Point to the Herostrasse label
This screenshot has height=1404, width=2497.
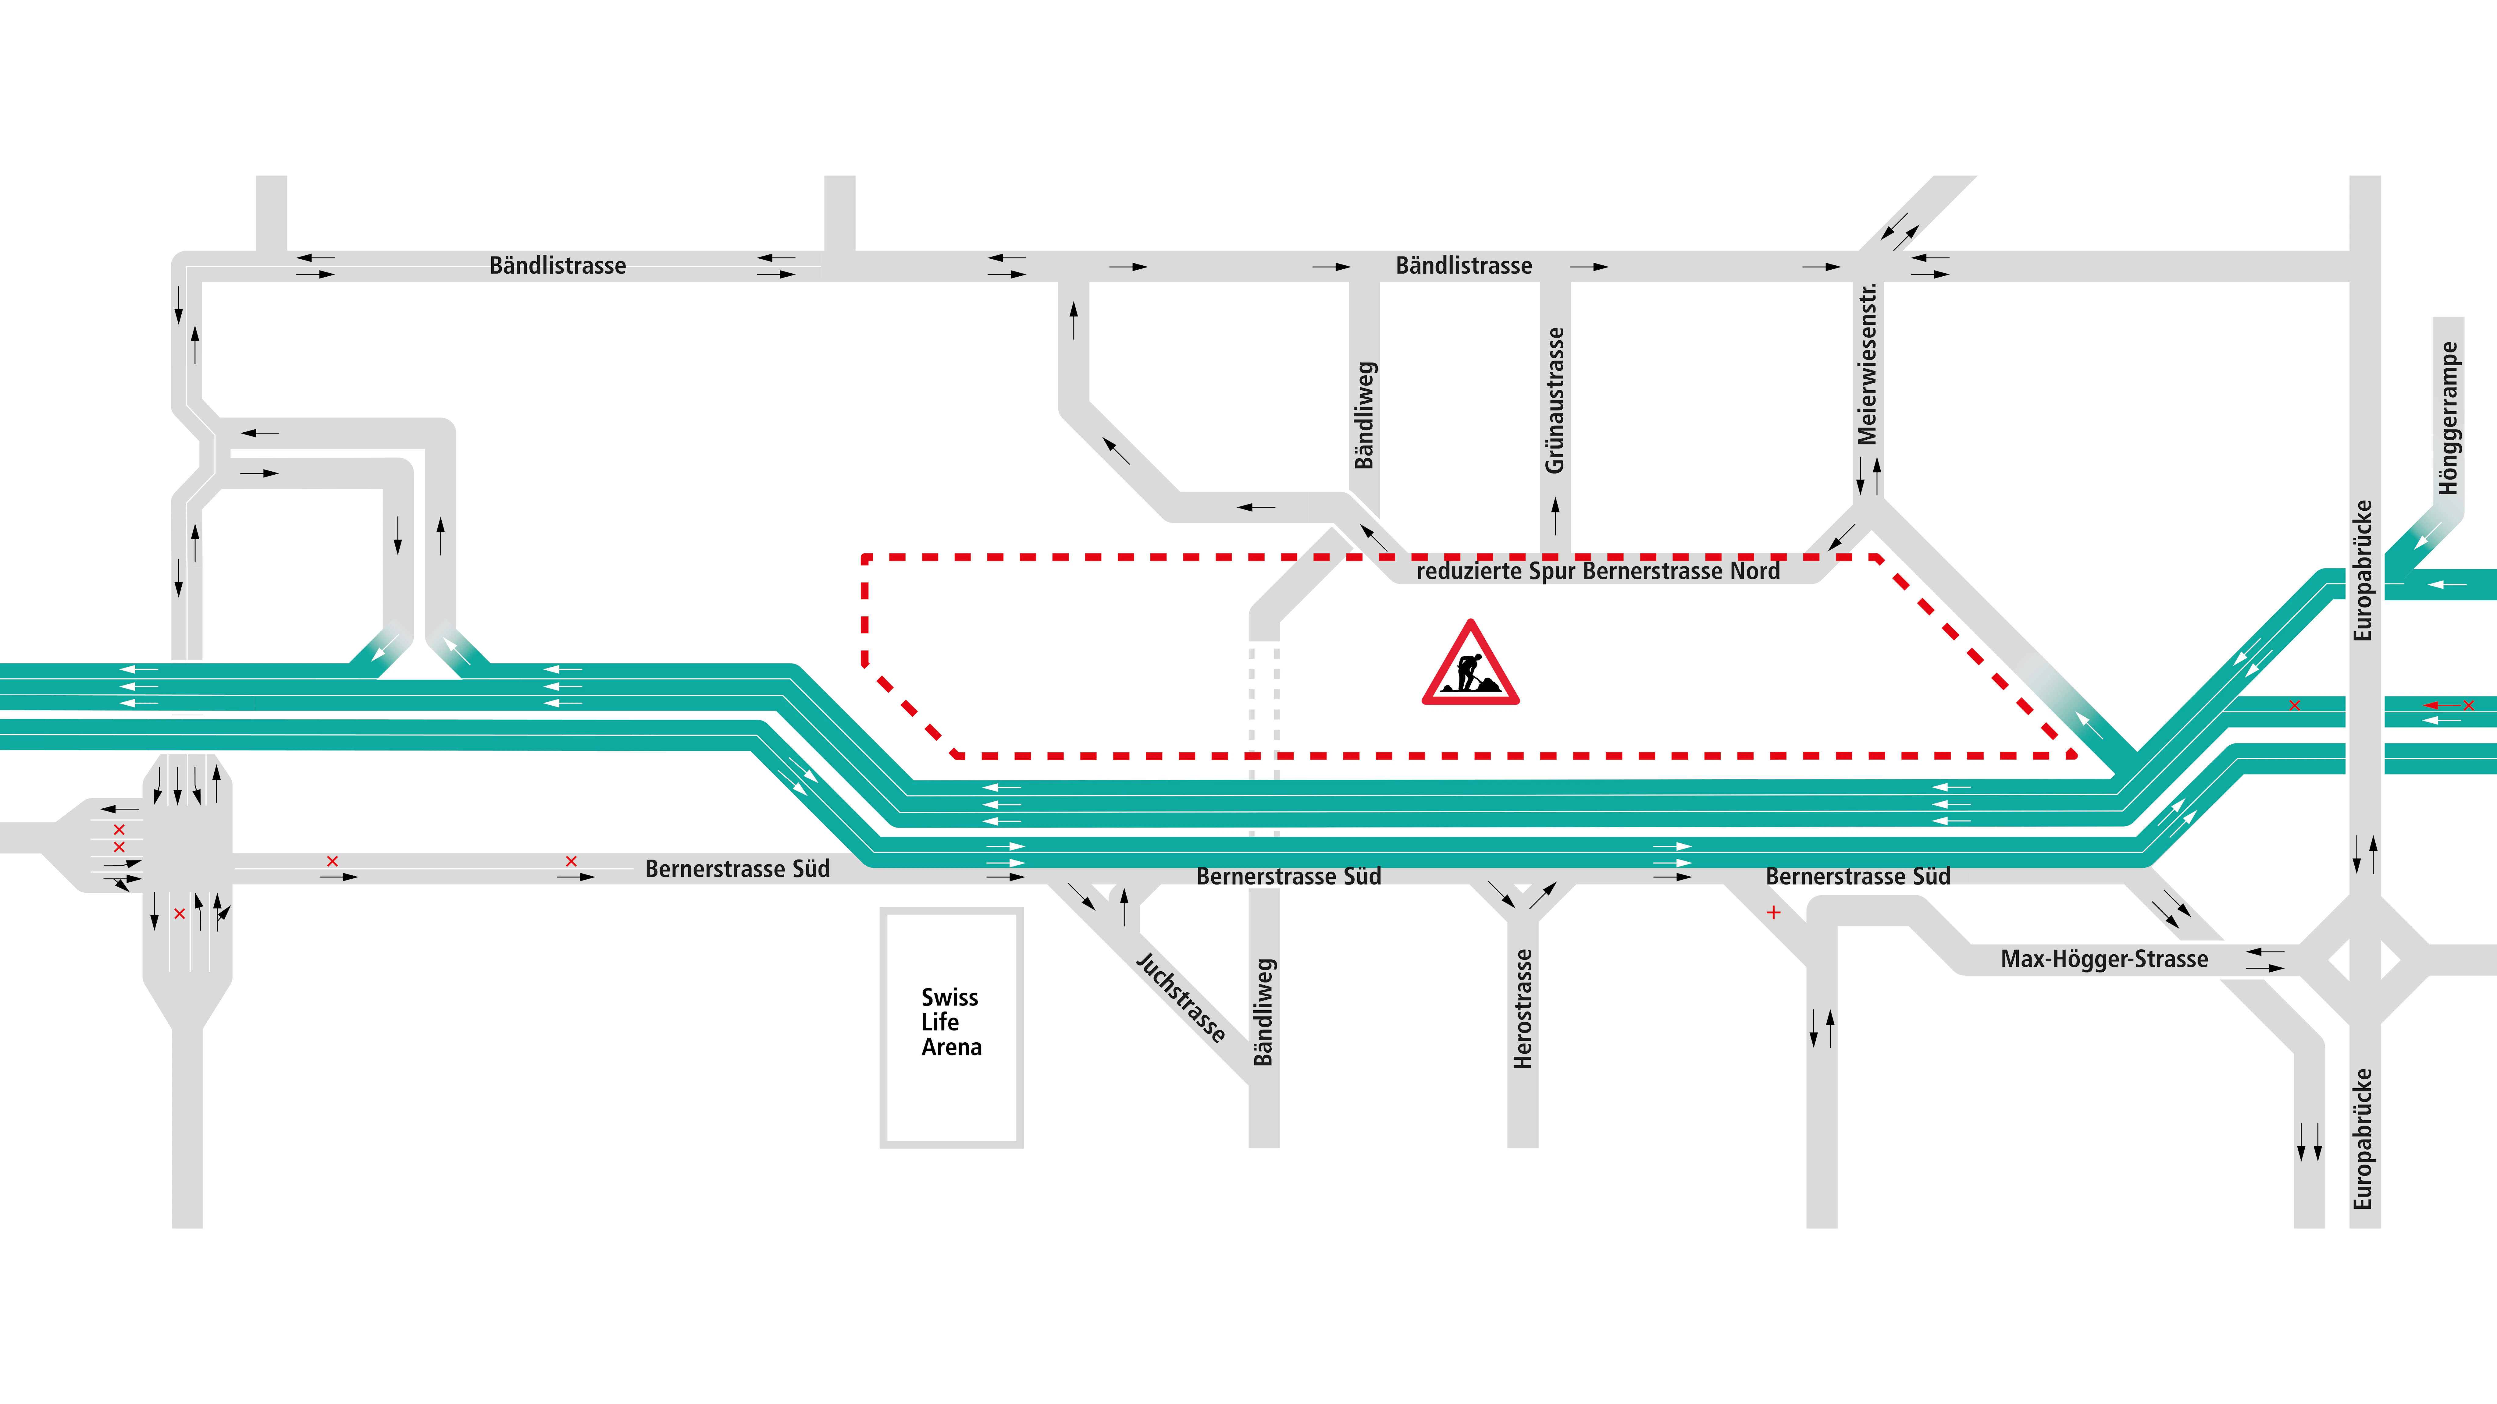point(1523,1009)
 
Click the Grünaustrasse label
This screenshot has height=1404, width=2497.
point(1555,400)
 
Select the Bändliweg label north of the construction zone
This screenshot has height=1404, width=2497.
point(1365,415)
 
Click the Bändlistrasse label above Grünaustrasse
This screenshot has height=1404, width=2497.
point(1464,265)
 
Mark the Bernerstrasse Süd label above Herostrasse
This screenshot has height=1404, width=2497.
point(1288,877)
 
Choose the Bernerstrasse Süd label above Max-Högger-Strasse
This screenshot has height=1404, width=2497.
point(1857,877)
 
